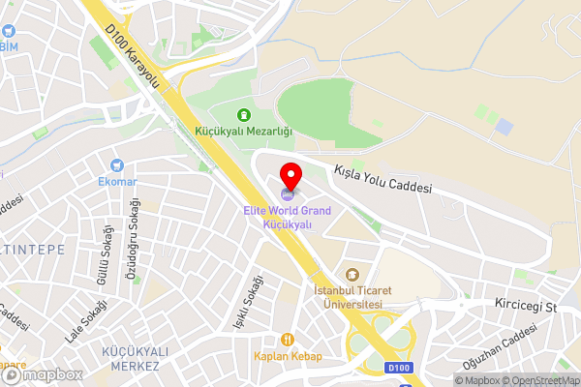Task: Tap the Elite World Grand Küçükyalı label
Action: (288, 217)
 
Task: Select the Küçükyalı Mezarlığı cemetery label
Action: (243, 131)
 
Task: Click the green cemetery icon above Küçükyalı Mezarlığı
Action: (243, 114)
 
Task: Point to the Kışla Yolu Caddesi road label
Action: (382, 178)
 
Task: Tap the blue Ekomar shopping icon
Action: (117, 165)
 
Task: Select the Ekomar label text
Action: (117, 181)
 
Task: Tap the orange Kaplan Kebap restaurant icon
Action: (288, 340)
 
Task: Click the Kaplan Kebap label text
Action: (288, 356)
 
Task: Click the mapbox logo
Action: (41, 374)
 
